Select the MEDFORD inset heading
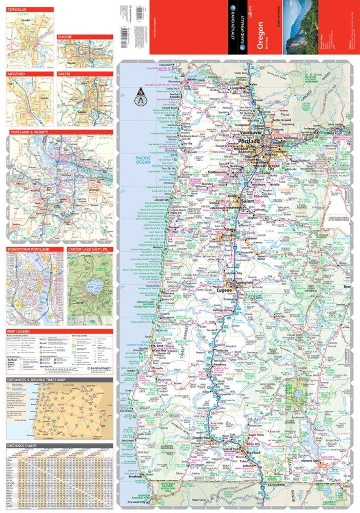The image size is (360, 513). pos(16,74)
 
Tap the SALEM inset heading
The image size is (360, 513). pos(66,74)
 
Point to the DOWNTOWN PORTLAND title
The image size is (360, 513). pos(28,249)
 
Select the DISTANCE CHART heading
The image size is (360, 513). pos(23,446)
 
